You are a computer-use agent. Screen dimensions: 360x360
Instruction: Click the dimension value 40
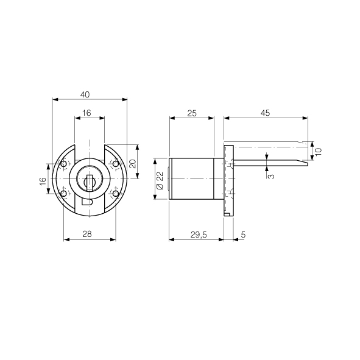click(x=85, y=94)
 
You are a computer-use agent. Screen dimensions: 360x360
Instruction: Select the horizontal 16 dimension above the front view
click(x=86, y=113)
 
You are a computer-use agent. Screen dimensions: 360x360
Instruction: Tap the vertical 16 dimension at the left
click(x=43, y=182)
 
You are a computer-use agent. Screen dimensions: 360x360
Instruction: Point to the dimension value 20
click(x=133, y=164)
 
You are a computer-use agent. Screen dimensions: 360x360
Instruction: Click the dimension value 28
click(x=87, y=234)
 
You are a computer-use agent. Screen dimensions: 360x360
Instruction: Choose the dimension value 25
click(x=192, y=113)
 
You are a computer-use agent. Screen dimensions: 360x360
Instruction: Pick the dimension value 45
click(x=265, y=113)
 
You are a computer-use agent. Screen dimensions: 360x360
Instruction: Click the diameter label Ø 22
click(x=160, y=180)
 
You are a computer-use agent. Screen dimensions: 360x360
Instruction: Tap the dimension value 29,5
click(x=199, y=235)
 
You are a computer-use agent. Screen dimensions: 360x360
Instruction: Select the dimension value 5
click(x=244, y=235)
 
